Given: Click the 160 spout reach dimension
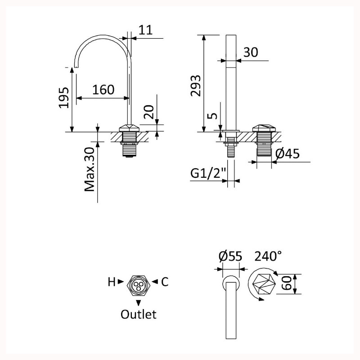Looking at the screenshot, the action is pos(103,90).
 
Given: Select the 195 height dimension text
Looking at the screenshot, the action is pos(63,98).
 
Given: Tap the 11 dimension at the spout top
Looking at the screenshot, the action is pos(145,30).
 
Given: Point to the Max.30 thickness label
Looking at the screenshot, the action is pos(90,169).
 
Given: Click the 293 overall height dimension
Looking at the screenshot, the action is pos(196,85).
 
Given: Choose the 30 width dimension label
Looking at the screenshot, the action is pos(251,52).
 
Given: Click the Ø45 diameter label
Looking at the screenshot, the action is pos(288,153).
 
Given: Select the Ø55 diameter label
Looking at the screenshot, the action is pos(230,256).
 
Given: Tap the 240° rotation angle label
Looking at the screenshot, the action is pos(268,256).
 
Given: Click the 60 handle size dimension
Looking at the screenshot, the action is pos(287,283).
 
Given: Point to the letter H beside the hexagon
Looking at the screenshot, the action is pos(112,282).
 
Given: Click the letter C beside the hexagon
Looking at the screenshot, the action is pos(165,282).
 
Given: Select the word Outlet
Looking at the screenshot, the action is pos(139,314).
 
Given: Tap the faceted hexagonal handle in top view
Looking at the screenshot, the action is pos(264,284).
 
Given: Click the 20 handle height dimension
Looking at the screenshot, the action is pos(149,112).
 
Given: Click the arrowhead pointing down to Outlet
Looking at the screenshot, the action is pos(138,303).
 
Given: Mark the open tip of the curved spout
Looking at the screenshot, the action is pos(76,67).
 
